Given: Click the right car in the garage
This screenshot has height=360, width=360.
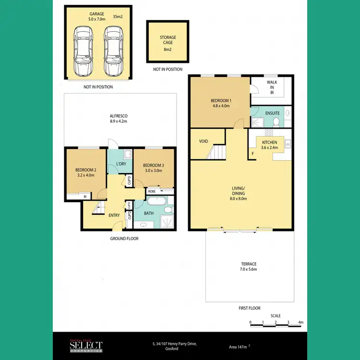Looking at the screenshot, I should coord(113,51).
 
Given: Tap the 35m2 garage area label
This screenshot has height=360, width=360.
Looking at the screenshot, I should coord(118,17).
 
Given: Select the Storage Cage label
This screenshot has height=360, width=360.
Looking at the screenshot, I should coord(168,40).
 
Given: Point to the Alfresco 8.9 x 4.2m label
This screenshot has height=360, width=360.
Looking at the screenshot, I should coord(118,119).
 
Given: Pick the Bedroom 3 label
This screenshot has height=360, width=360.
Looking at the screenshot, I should coord(153,168).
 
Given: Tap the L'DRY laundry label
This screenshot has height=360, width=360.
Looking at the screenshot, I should coord(121,164).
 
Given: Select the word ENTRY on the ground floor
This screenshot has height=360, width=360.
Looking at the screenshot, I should coord(114,215).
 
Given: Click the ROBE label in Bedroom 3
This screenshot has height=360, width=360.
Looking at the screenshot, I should coord(151,191).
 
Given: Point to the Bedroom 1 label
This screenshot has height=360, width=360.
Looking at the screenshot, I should coord(221,103).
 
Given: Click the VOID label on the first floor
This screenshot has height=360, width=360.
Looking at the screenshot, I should coord(203,142).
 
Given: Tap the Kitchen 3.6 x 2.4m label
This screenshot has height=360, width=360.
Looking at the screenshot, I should coord(269,145).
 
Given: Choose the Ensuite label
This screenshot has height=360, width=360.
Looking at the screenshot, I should coord(272,113).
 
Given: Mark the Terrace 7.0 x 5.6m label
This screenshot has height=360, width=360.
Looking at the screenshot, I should coord(249,267).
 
